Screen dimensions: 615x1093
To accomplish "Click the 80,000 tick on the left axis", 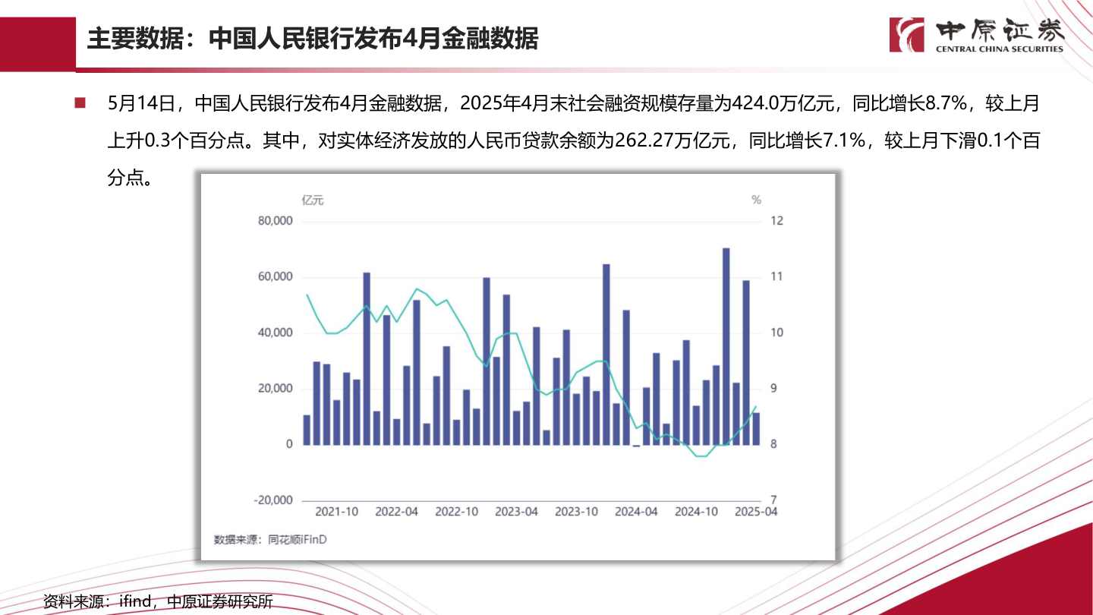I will (x=276, y=221).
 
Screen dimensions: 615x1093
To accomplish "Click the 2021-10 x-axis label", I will (x=336, y=512).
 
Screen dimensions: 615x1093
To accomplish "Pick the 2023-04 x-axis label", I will (x=516, y=512).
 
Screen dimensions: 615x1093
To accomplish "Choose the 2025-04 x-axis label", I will (x=756, y=512).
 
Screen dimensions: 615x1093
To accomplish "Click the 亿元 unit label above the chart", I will (x=313, y=200).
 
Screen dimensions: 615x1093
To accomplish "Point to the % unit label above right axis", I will (x=756, y=200).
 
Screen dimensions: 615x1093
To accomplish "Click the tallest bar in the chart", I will (x=726, y=346).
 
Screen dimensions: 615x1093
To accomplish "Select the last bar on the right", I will (x=756, y=428).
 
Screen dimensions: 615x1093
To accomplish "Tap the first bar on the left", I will (x=307, y=430).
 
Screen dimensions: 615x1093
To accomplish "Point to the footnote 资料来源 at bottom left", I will (x=158, y=602).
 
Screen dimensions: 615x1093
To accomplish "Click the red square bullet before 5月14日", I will (x=79, y=102).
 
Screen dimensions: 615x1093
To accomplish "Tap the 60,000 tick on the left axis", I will (x=276, y=277).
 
